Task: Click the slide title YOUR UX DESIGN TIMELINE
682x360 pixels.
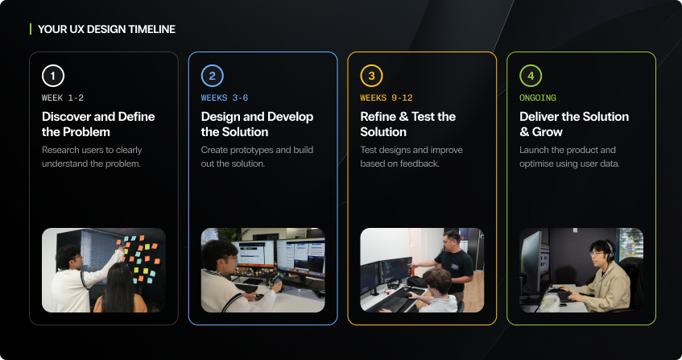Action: pyautogui.click(x=106, y=29)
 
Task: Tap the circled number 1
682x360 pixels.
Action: pyautogui.click(x=52, y=77)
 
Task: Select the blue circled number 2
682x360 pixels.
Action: pyautogui.click(x=212, y=77)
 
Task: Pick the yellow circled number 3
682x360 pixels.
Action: pyautogui.click(x=371, y=77)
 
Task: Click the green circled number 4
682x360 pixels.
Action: pyautogui.click(x=531, y=77)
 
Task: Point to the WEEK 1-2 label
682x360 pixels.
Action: pyautogui.click(x=63, y=97)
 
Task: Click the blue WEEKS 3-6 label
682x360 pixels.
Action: pyautogui.click(x=225, y=97)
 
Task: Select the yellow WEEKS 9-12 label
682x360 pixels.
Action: pyautogui.click(x=386, y=97)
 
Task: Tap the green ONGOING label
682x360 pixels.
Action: pyautogui.click(x=538, y=97)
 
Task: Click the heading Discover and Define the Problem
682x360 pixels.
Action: pyautogui.click(x=98, y=124)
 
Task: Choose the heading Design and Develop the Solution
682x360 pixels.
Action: pyautogui.click(x=257, y=124)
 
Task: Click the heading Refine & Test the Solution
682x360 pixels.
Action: pyautogui.click(x=407, y=124)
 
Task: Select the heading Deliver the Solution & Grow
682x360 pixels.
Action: pyautogui.click(x=574, y=124)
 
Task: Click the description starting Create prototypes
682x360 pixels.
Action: pyautogui.click(x=257, y=157)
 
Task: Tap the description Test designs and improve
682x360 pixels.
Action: pyautogui.click(x=411, y=157)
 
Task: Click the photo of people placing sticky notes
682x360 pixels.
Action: pyautogui.click(x=104, y=270)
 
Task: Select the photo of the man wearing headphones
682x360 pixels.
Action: pyautogui.click(x=581, y=270)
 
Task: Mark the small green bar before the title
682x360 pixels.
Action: pyautogui.click(x=31, y=29)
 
